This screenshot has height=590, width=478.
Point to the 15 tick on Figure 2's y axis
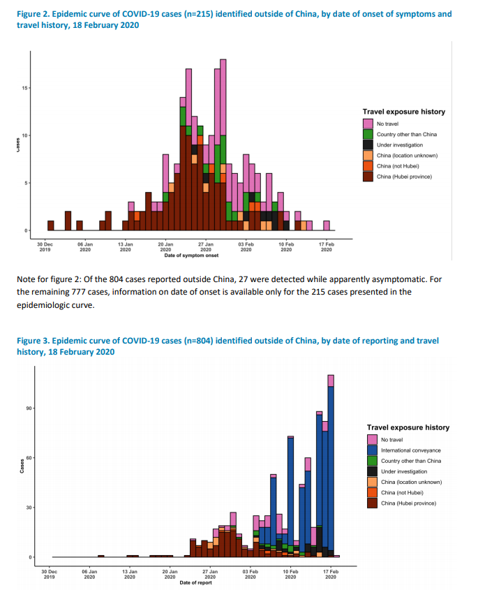pyautogui.click(x=24, y=88)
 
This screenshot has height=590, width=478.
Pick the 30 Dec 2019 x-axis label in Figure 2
pyautogui.click(x=45, y=246)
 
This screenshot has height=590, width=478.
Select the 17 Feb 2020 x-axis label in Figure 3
pyautogui.click(x=331, y=574)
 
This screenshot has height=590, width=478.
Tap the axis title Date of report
pyautogui.click(x=196, y=582)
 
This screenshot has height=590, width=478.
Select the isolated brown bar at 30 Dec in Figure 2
pyautogui.click(x=51, y=225)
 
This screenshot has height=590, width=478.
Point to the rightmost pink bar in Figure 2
pyautogui.click(x=327, y=225)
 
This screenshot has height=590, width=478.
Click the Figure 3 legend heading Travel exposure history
pyautogui.click(x=408, y=427)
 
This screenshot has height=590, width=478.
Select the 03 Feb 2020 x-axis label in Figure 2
pyautogui.click(x=246, y=246)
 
